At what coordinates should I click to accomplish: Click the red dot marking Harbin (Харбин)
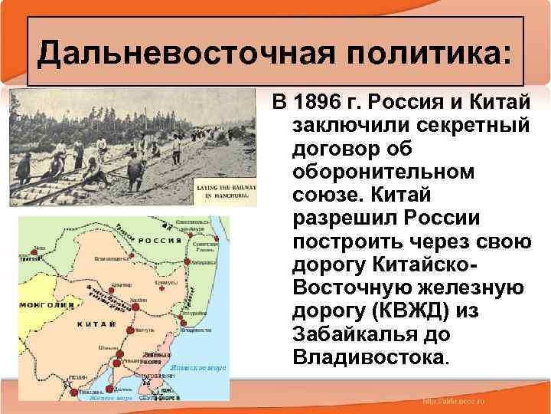[x=135, y=306]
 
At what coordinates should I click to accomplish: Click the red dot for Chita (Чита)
[x=34, y=251]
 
